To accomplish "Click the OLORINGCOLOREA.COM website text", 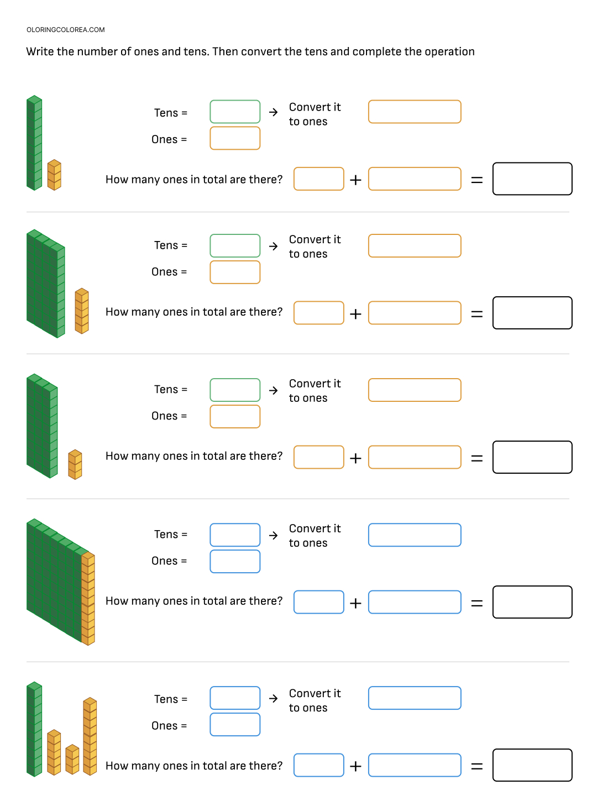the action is point(66,30).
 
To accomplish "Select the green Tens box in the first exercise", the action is point(235,112).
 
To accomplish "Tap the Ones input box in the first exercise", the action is point(235,138).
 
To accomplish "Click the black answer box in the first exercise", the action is point(532,179).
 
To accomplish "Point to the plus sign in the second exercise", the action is point(355,314).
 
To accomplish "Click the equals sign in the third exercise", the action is point(476,458).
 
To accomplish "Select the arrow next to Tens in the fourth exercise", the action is point(273,535).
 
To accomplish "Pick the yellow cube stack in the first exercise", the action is point(54,175).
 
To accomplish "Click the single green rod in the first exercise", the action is point(34,143).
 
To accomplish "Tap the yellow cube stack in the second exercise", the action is point(82,311).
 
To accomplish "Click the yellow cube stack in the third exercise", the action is point(75,464).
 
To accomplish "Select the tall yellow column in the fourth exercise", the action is point(88,598).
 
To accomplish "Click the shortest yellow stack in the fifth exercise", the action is point(72,760).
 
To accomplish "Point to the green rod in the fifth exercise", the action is point(34,729).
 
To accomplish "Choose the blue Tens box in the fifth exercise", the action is point(235,698).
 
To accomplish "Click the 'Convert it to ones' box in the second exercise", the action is point(415,245).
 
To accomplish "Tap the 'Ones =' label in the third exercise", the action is point(169,416).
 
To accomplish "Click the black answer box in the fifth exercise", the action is point(532,765).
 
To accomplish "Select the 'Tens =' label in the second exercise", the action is point(171,245).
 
